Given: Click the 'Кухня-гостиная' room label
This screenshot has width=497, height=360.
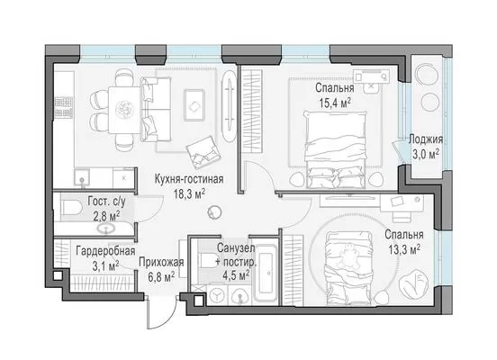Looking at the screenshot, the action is (189, 179).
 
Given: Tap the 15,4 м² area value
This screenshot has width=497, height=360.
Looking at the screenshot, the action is (335, 103).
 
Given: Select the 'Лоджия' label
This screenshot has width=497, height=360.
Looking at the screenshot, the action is (426, 139).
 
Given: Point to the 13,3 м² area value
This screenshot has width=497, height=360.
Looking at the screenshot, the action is (404, 249).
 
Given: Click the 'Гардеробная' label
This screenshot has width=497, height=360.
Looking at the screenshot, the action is (105, 251).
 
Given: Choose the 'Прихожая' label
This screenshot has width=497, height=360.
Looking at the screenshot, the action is (161, 263).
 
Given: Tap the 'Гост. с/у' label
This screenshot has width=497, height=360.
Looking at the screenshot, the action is (106, 202).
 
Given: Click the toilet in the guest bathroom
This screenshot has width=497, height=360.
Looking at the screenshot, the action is (71, 206).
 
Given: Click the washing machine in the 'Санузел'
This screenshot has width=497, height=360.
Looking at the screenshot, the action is (217, 295).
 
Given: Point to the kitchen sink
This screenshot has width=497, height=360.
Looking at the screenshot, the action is (82, 176).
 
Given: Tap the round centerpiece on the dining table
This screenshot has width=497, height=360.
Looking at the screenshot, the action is (124, 110).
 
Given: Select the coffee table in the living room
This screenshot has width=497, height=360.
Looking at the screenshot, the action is (194, 105).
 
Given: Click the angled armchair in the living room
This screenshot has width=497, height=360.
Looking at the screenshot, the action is (203, 152).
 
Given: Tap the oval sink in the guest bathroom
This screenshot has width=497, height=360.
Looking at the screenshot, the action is (106, 229).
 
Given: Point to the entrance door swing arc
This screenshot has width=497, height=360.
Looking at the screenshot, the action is (169, 320).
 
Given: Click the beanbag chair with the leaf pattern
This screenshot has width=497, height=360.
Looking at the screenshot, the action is (413, 283).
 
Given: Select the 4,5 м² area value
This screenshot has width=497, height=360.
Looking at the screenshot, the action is (236, 275).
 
